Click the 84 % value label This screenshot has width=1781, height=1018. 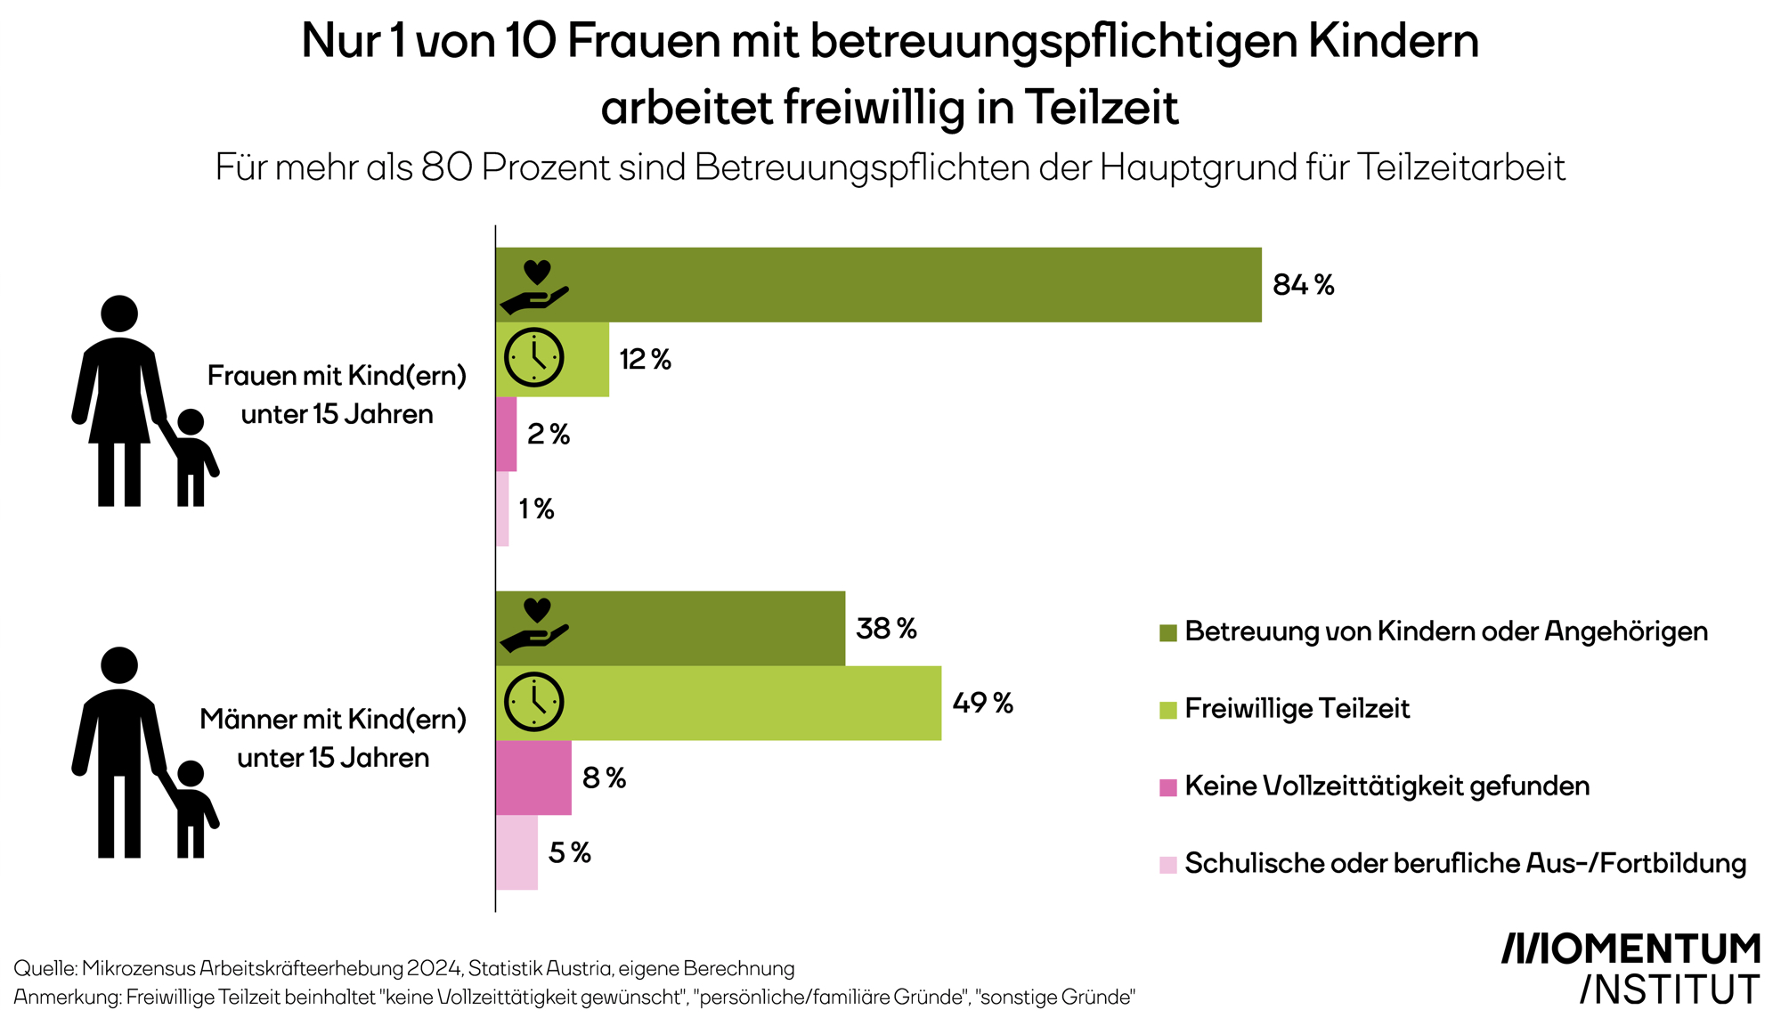1303,285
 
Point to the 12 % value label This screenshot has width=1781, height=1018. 645,360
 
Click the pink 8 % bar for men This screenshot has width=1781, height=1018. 533,778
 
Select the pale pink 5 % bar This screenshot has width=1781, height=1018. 516,852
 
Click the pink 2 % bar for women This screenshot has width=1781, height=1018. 506,434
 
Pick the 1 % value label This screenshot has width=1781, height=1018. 536,509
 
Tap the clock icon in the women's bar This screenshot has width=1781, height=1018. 533,358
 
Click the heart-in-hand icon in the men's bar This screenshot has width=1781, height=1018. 534,625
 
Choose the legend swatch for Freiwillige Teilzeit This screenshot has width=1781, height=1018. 1168,710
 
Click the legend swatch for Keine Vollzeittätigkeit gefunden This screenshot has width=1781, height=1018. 1168,787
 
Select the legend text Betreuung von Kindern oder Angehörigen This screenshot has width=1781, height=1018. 1446,631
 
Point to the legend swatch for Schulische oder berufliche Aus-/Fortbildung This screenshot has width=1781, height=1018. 1168,865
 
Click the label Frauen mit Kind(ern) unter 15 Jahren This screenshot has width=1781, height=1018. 337,395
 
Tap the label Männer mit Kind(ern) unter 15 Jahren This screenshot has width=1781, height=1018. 333,738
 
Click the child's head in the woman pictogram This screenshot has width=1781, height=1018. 191,423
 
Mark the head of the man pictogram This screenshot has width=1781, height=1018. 119,665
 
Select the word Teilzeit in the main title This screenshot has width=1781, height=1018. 1102,108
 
